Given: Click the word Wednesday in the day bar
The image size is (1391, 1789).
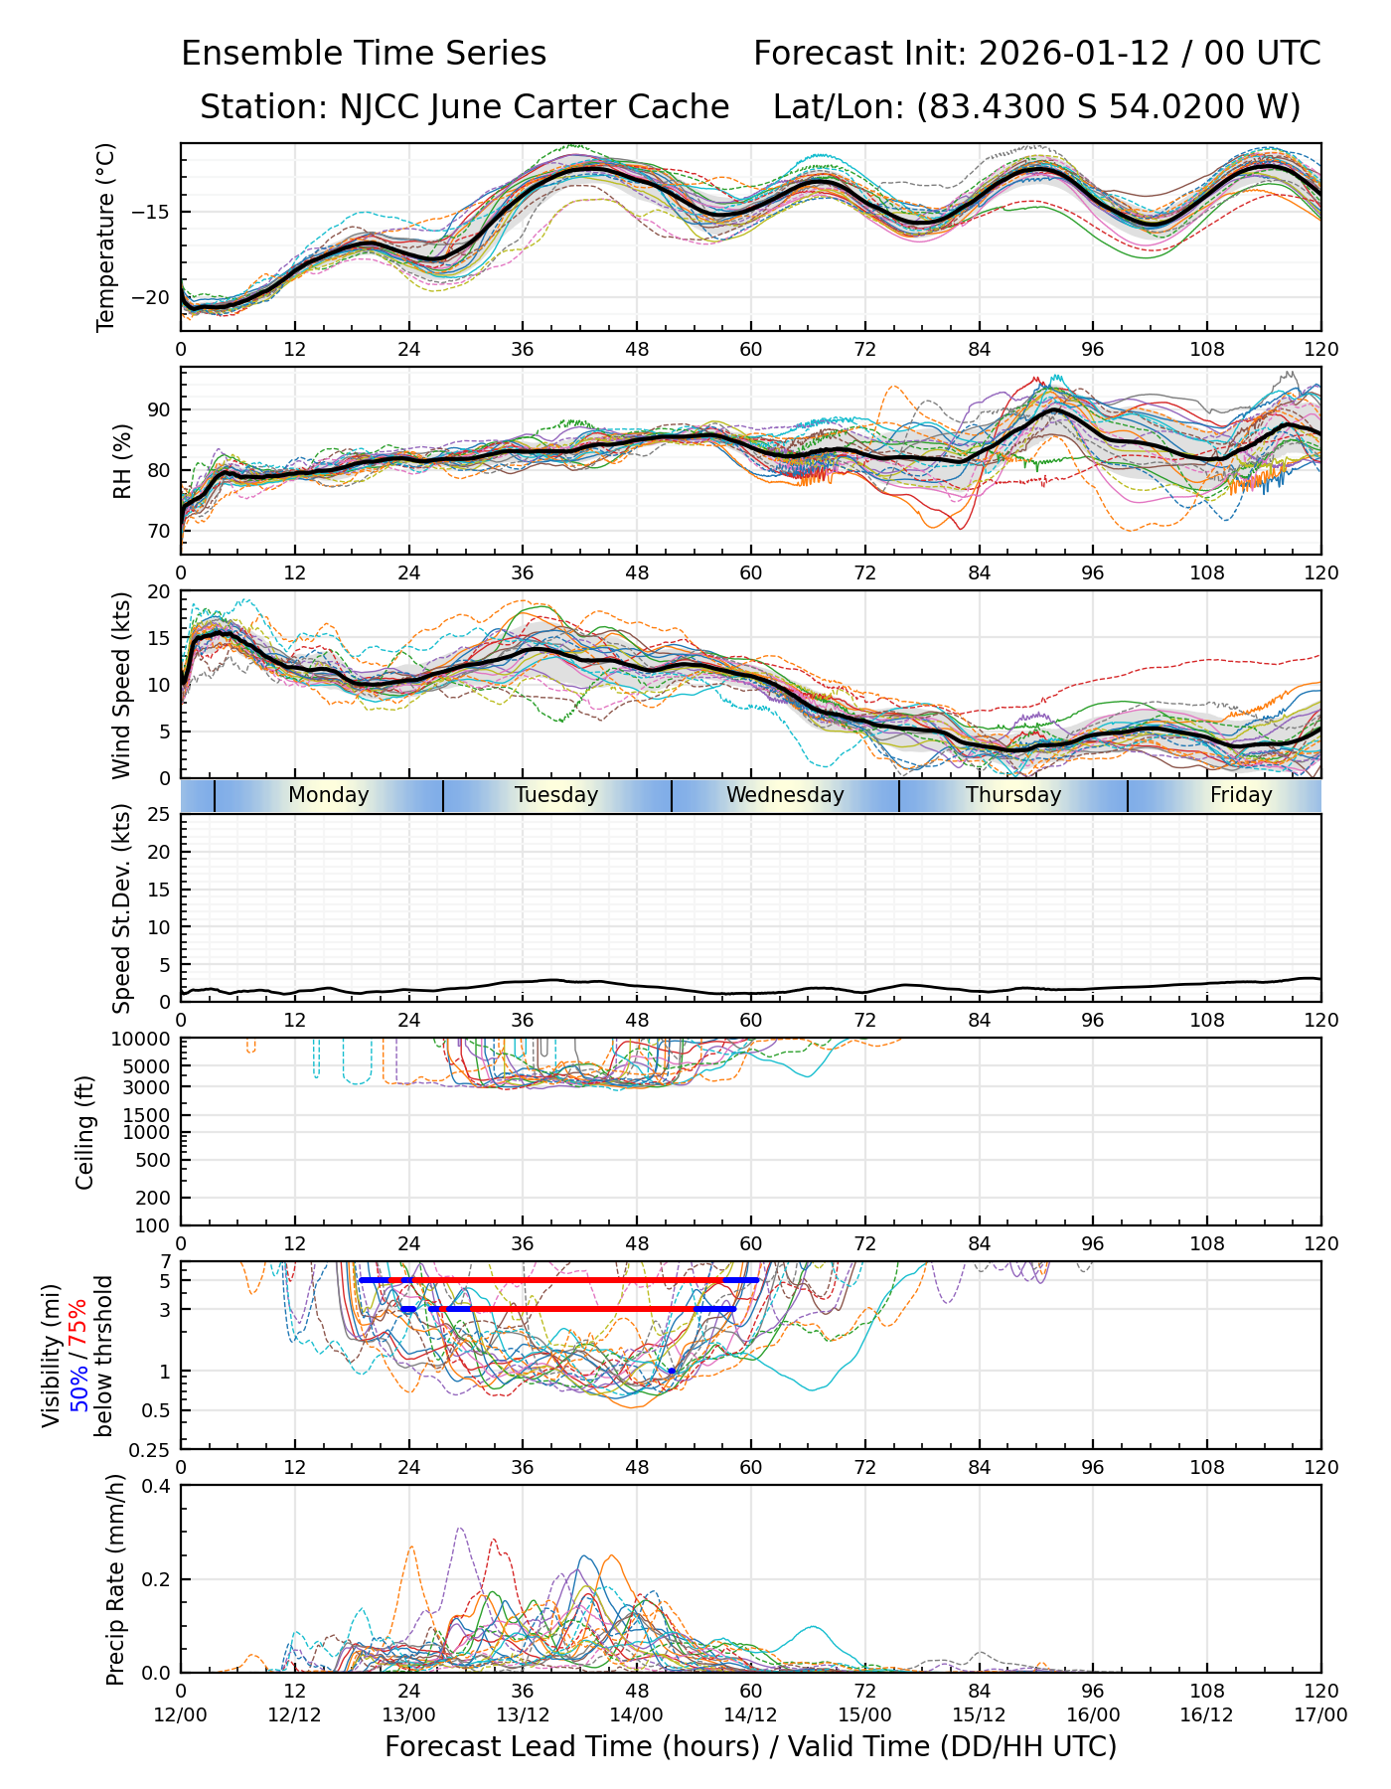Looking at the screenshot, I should (x=785, y=795).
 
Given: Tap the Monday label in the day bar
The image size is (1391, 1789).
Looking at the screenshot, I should (x=328, y=795).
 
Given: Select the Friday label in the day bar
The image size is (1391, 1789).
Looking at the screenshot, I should (x=1241, y=795).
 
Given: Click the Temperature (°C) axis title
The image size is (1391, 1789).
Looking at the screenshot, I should (x=106, y=237).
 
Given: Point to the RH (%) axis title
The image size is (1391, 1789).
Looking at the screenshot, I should (x=122, y=460).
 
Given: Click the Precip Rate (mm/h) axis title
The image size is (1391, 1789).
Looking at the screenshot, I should (x=116, y=1578).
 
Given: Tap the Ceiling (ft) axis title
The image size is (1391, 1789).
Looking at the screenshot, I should (x=85, y=1132).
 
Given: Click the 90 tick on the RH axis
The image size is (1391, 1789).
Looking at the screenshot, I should (x=159, y=409).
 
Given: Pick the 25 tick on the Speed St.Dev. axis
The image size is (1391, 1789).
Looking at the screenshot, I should (x=160, y=815).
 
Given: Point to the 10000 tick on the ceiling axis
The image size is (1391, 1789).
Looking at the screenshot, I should (x=143, y=1039).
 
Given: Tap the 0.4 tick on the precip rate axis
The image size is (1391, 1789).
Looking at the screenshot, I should (x=156, y=1486).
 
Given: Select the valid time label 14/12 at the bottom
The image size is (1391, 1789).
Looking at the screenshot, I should (x=750, y=1714).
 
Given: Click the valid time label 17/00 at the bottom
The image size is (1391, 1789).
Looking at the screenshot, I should (x=1320, y=1714).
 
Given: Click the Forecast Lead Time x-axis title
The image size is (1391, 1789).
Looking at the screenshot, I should (x=750, y=1746).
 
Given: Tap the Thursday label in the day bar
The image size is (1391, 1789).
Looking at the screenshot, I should (x=1013, y=795).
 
